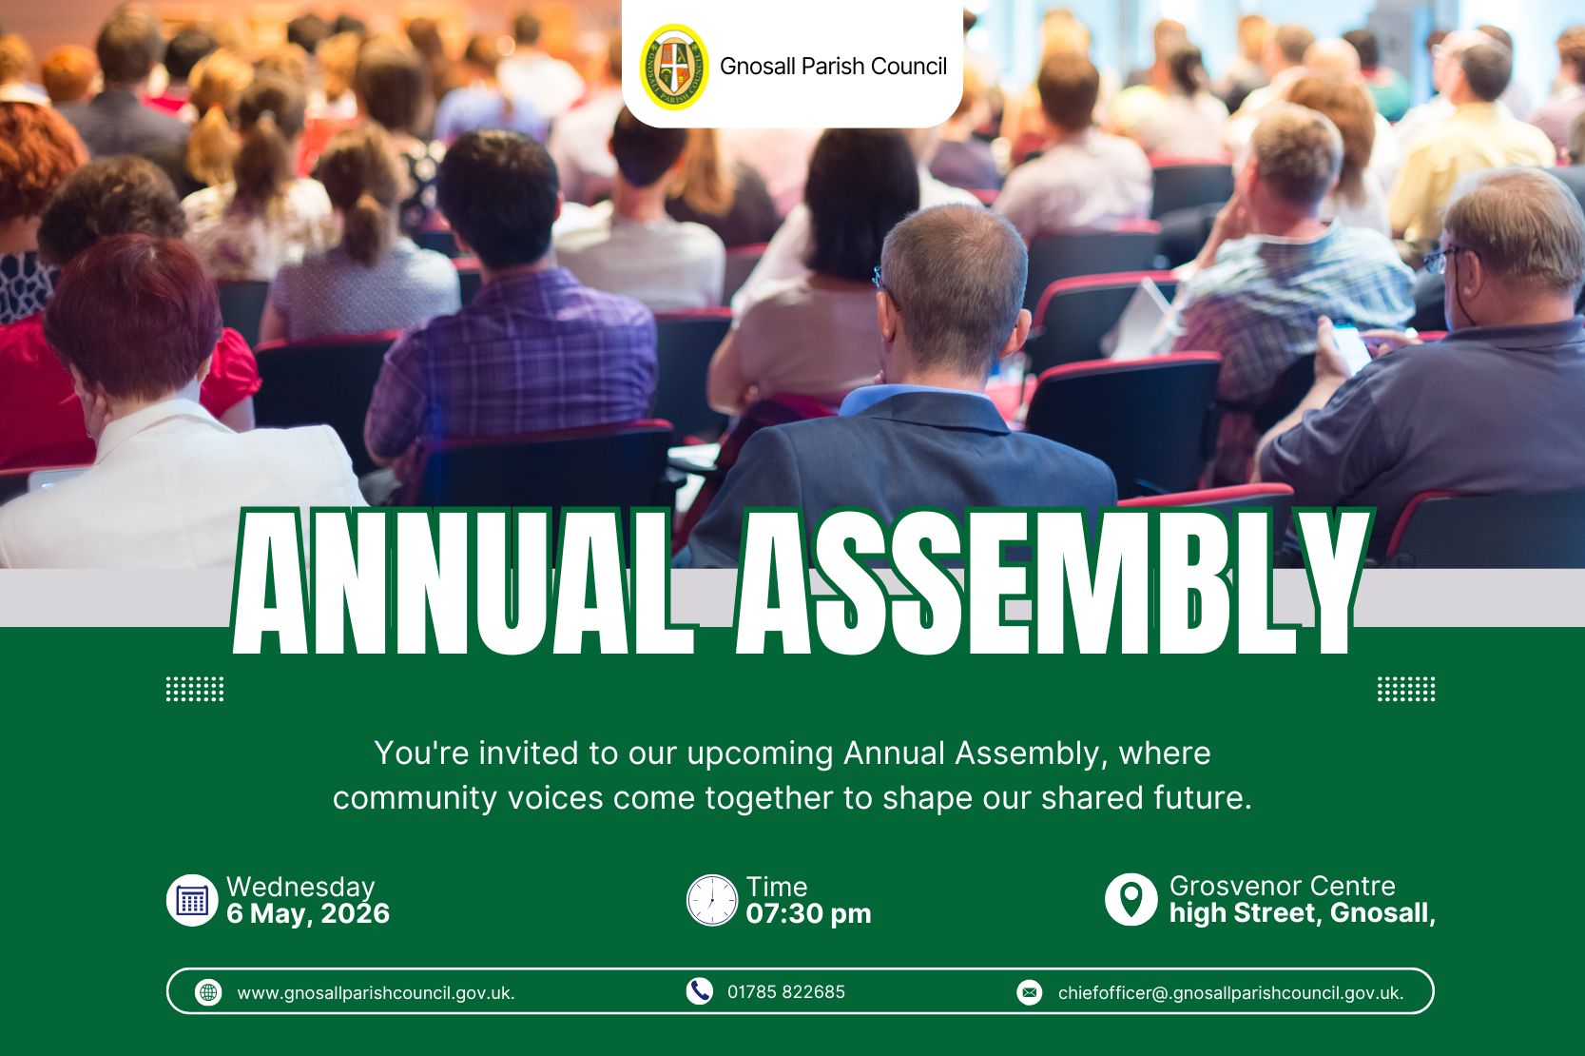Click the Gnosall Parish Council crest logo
(x=673, y=67)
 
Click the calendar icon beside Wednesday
(x=192, y=900)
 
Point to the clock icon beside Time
(x=712, y=900)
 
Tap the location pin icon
(x=1131, y=900)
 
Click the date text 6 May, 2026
(x=308, y=913)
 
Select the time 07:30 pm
(x=809, y=913)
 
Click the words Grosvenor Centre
(x=1282, y=886)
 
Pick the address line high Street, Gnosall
(x=1302, y=913)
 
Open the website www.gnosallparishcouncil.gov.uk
(x=376, y=993)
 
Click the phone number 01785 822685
(x=786, y=992)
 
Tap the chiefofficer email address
(x=1230, y=993)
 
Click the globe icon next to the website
(x=208, y=992)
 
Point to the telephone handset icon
(x=699, y=991)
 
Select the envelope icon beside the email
(x=1030, y=992)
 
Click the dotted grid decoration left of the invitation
(x=195, y=689)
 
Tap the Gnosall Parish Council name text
(x=833, y=67)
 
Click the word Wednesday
(x=300, y=887)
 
